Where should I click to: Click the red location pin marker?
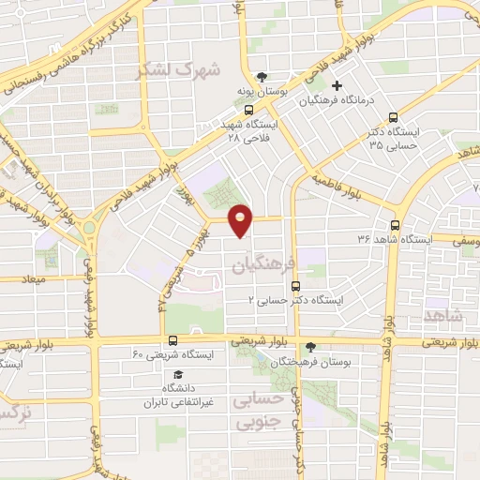242,220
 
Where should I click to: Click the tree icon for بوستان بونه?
263,77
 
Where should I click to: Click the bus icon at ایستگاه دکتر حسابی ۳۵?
393,118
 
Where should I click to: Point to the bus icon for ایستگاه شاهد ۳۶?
395,225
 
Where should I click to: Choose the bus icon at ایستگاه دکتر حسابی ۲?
294,287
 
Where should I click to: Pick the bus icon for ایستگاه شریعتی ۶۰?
172,340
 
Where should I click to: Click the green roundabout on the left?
91,227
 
